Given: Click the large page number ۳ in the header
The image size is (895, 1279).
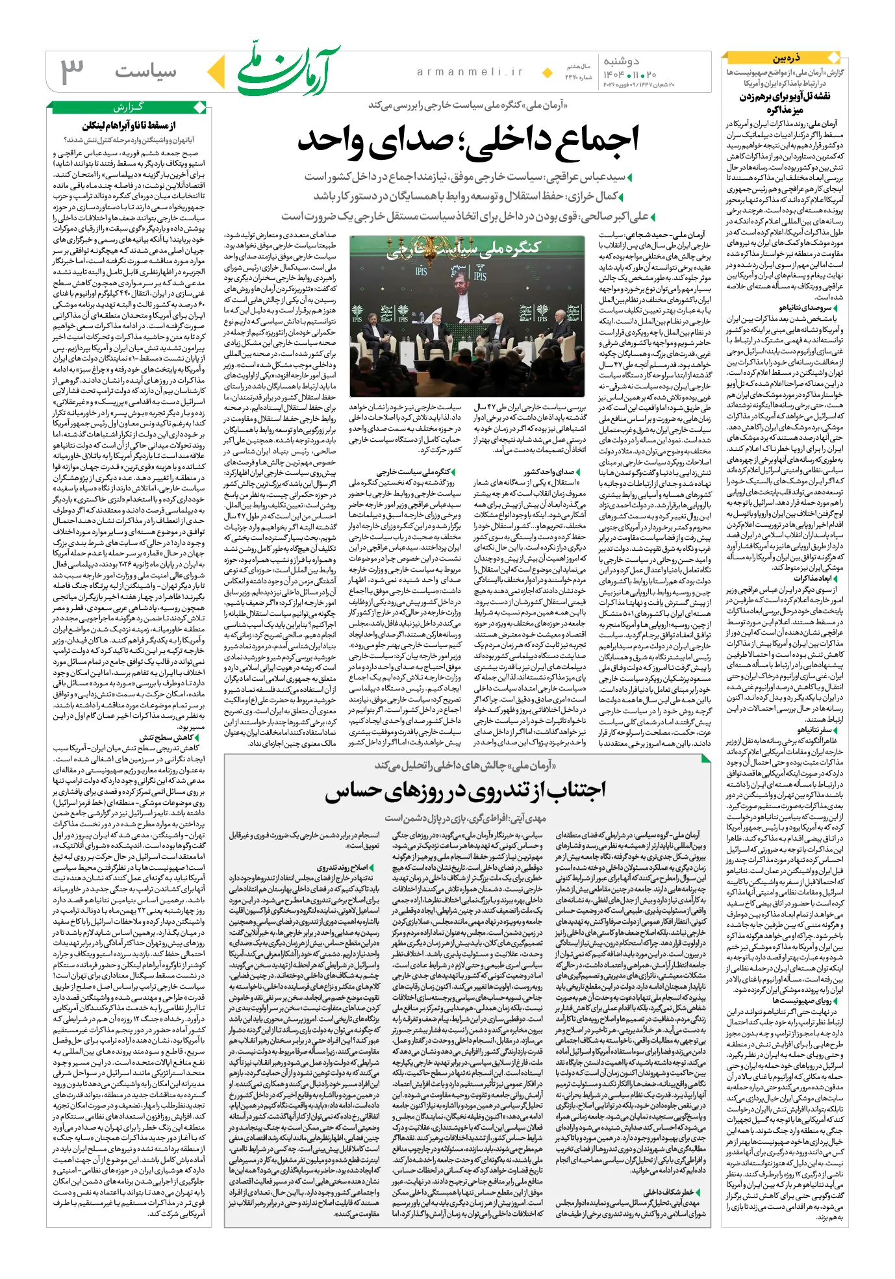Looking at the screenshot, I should coord(73,71).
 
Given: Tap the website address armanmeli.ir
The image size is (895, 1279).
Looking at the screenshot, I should coord(470,72).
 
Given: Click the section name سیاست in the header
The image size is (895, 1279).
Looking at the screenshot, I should coord(145,72).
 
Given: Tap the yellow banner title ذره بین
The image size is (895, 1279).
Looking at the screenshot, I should coord(786,58).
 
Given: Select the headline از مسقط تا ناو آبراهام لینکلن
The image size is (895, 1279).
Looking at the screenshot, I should coord(129,125).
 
